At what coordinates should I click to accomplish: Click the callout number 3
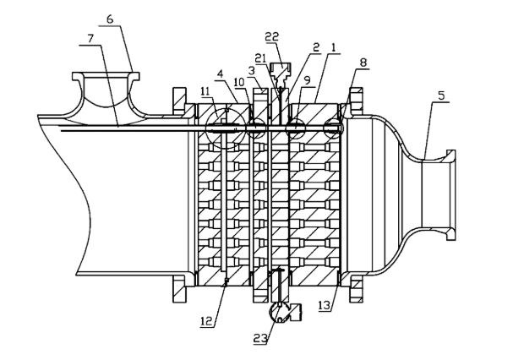(251, 70)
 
